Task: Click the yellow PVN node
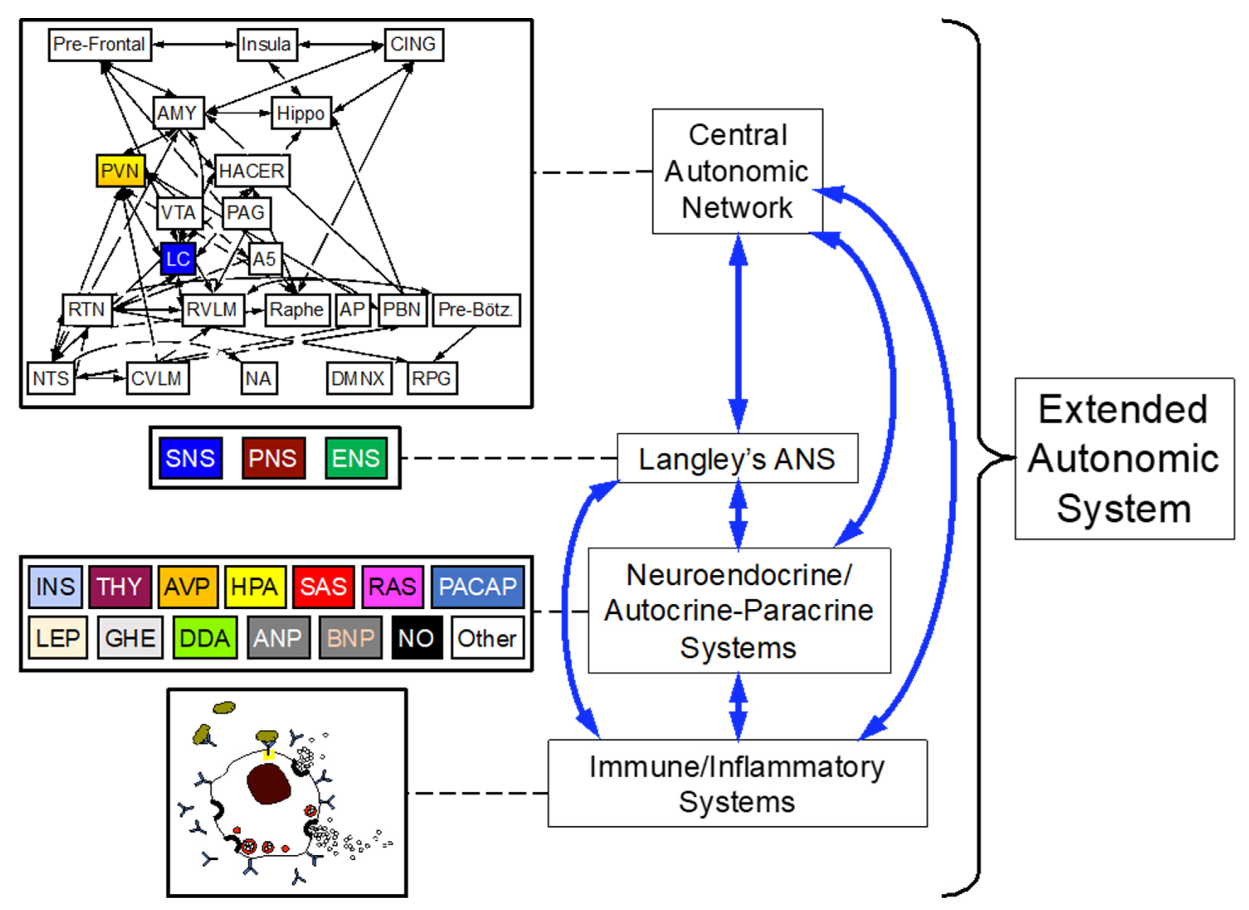click(121, 171)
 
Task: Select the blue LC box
click(178, 258)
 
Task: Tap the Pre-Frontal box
click(100, 45)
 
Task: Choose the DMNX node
click(359, 378)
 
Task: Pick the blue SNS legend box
click(191, 458)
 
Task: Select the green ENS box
click(356, 458)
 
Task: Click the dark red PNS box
click(273, 458)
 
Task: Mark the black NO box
click(417, 638)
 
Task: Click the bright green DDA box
click(205, 638)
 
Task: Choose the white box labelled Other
click(487, 638)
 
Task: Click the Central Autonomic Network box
click(737, 171)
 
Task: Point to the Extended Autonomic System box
click(1124, 458)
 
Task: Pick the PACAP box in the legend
click(477, 587)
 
